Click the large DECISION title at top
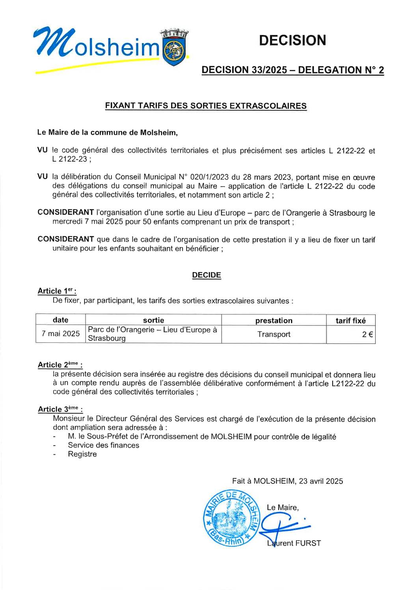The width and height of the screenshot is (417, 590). [x=293, y=40]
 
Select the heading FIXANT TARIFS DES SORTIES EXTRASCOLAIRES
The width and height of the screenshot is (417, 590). [x=206, y=106]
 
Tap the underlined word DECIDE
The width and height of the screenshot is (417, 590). [x=207, y=275]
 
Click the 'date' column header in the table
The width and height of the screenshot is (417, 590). [x=60, y=320]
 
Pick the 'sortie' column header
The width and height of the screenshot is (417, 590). [x=153, y=320]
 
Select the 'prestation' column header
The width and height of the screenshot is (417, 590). [x=274, y=321]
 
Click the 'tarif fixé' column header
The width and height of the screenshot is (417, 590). [x=350, y=321]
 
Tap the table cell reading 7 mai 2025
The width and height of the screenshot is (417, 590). [x=61, y=334]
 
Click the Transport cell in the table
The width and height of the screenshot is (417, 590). [x=274, y=334]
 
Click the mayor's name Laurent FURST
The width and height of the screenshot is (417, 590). [x=294, y=543]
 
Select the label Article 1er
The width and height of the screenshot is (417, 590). [x=56, y=291]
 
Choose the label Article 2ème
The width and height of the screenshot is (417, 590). [x=60, y=365]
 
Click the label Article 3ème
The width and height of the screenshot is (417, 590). [x=60, y=409]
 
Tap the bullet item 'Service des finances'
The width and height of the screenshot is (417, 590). [x=103, y=445]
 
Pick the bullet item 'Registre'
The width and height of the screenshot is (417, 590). [x=82, y=454]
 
